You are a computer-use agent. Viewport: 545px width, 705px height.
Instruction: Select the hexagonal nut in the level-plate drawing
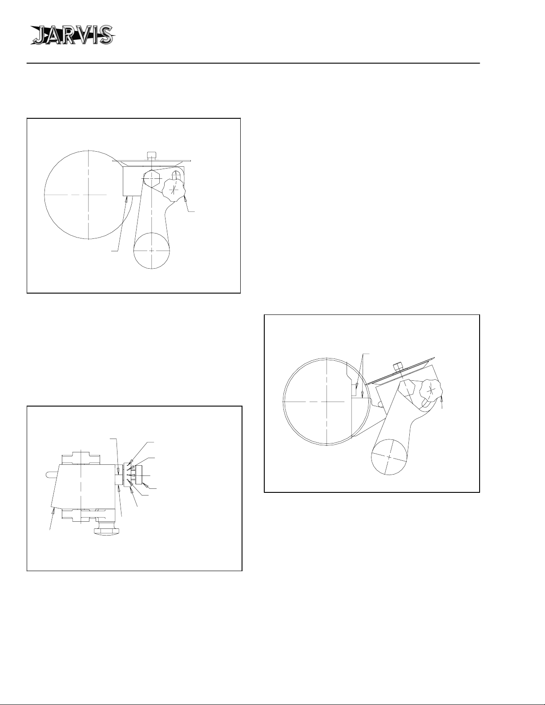152,178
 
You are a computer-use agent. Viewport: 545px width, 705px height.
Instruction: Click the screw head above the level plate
152,155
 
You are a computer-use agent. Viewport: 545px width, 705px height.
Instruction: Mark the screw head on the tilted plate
398,367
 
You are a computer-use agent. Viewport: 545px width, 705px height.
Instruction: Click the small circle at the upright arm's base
152,250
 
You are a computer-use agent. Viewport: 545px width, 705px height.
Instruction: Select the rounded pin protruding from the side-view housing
52,474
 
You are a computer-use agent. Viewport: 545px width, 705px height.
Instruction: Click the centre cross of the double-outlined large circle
327,401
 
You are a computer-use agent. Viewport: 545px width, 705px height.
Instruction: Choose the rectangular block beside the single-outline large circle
133,181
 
